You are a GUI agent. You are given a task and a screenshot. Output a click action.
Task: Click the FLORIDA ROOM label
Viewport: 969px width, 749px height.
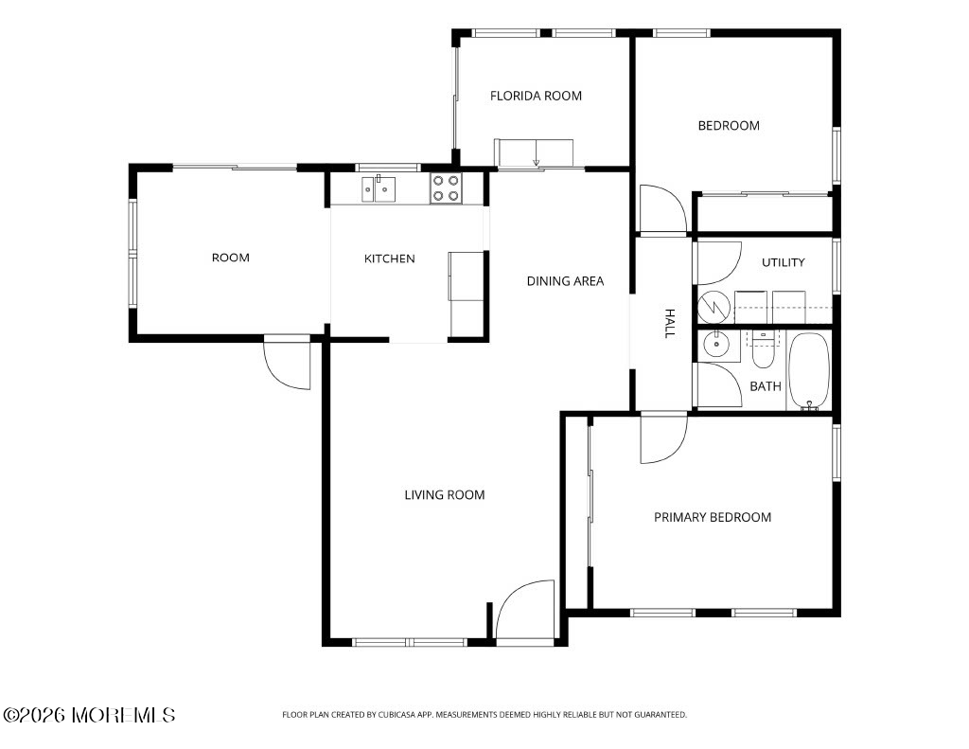coord(536,96)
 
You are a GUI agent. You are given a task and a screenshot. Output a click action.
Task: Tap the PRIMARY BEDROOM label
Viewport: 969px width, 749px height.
coord(713,517)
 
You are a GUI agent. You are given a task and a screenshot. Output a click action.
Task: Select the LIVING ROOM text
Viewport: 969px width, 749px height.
coord(445,495)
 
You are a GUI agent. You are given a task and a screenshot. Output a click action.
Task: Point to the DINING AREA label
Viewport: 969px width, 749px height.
coord(565,281)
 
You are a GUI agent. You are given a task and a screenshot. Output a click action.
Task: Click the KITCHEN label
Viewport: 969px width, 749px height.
coord(389,259)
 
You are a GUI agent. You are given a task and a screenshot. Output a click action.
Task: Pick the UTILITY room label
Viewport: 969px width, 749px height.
coord(783,262)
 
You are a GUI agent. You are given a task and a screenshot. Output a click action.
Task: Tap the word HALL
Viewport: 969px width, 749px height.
coord(669,324)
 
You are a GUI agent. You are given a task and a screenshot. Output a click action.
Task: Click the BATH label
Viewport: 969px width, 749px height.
coord(765,386)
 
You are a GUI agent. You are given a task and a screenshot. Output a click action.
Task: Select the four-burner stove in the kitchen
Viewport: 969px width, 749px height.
coord(446,188)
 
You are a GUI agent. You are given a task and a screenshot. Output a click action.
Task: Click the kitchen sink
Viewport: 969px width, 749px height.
coord(379,189)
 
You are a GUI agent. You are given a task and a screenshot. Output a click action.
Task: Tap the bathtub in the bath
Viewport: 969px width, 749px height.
coord(809,371)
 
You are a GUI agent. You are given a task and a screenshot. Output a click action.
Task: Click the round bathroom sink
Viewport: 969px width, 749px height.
coord(716,345)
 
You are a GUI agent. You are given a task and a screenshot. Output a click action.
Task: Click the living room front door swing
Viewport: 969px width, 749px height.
coord(525,610)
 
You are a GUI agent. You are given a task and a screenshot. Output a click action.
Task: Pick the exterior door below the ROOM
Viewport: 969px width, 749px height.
coord(287,365)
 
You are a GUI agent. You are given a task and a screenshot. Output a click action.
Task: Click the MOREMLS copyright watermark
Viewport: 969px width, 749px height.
coord(89,715)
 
